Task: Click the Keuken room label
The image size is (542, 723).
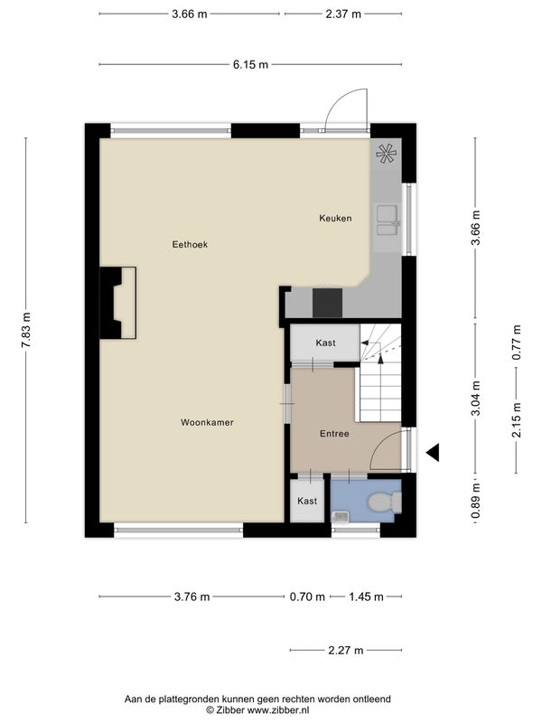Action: point(335,218)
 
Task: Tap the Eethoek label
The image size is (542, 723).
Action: point(190,244)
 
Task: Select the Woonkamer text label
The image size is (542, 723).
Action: point(207,422)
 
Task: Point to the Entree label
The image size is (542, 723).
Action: point(334,434)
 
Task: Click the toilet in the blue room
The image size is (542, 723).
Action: point(386,502)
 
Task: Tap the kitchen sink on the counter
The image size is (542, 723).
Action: point(388,221)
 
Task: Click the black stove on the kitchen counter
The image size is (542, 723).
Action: point(327,303)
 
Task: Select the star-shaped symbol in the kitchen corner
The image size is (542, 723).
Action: point(386,154)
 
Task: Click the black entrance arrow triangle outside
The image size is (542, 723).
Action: point(433,453)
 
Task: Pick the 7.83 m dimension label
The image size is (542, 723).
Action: point(27,330)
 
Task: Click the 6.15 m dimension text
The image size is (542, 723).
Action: point(250,64)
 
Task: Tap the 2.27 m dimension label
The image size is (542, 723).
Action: point(346,650)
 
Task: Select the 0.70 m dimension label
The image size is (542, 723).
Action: point(307,597)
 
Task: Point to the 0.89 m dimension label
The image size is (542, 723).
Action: point(476,501)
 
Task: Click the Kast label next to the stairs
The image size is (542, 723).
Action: point(325,343)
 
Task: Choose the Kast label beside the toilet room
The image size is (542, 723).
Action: point(307,501)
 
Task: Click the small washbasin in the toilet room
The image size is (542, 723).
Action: point(341,517)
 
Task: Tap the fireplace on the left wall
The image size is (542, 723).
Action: point(118,303)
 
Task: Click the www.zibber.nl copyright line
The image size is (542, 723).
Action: point(257,710)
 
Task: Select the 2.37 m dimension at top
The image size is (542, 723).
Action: point(343,14)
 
